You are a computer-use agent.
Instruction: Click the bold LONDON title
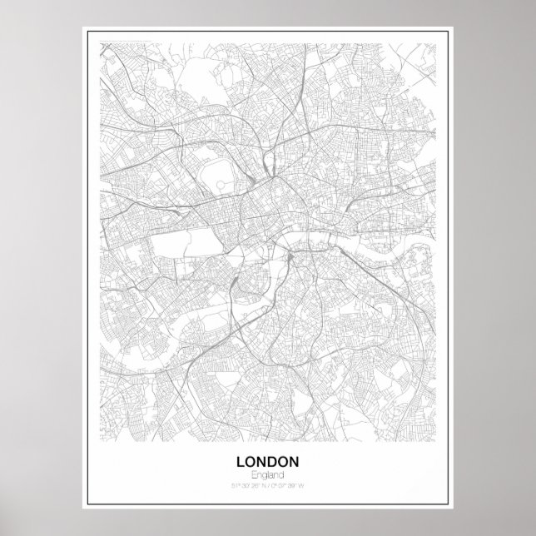click(267, 461)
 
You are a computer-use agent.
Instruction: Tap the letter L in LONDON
click(242, 461)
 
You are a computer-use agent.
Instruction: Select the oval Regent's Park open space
click(218, 171)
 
